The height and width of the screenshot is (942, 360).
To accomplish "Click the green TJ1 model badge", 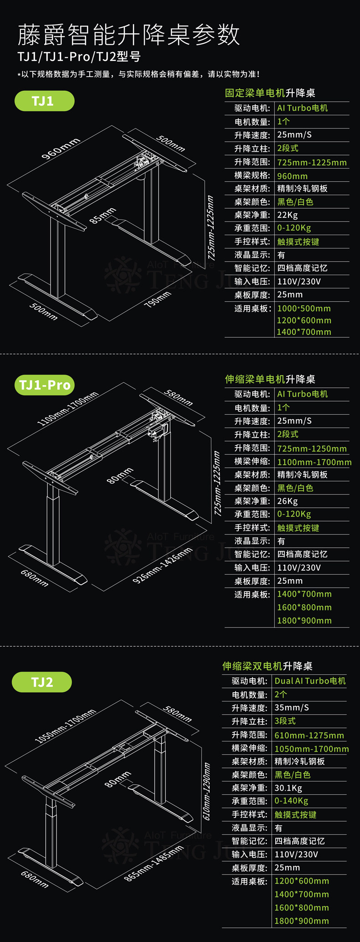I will coord(44,101).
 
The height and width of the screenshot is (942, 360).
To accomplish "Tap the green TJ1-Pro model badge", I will coord(44,385).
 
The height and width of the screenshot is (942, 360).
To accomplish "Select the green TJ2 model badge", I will coord(41,682).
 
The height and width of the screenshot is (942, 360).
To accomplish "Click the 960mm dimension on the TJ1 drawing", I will coord(61,148).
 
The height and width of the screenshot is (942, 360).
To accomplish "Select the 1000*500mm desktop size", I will coord(303,309).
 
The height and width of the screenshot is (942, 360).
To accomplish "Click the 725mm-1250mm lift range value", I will coord(312,448).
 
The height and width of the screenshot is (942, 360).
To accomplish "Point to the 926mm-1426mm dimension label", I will coord(162,566).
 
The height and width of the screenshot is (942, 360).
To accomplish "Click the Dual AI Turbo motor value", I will coord(310,681).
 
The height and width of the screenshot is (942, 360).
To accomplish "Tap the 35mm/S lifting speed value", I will coord(292,708).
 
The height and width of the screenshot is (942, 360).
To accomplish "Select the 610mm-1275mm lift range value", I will coord(309,735).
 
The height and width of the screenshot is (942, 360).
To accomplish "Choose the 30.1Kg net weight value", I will coord(288,788).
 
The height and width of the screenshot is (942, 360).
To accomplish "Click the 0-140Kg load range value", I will coord(291,801).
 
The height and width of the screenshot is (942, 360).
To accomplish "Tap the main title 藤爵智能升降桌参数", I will coord(129,35).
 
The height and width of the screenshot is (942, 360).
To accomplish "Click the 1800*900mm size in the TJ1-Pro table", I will coord(304,621).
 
